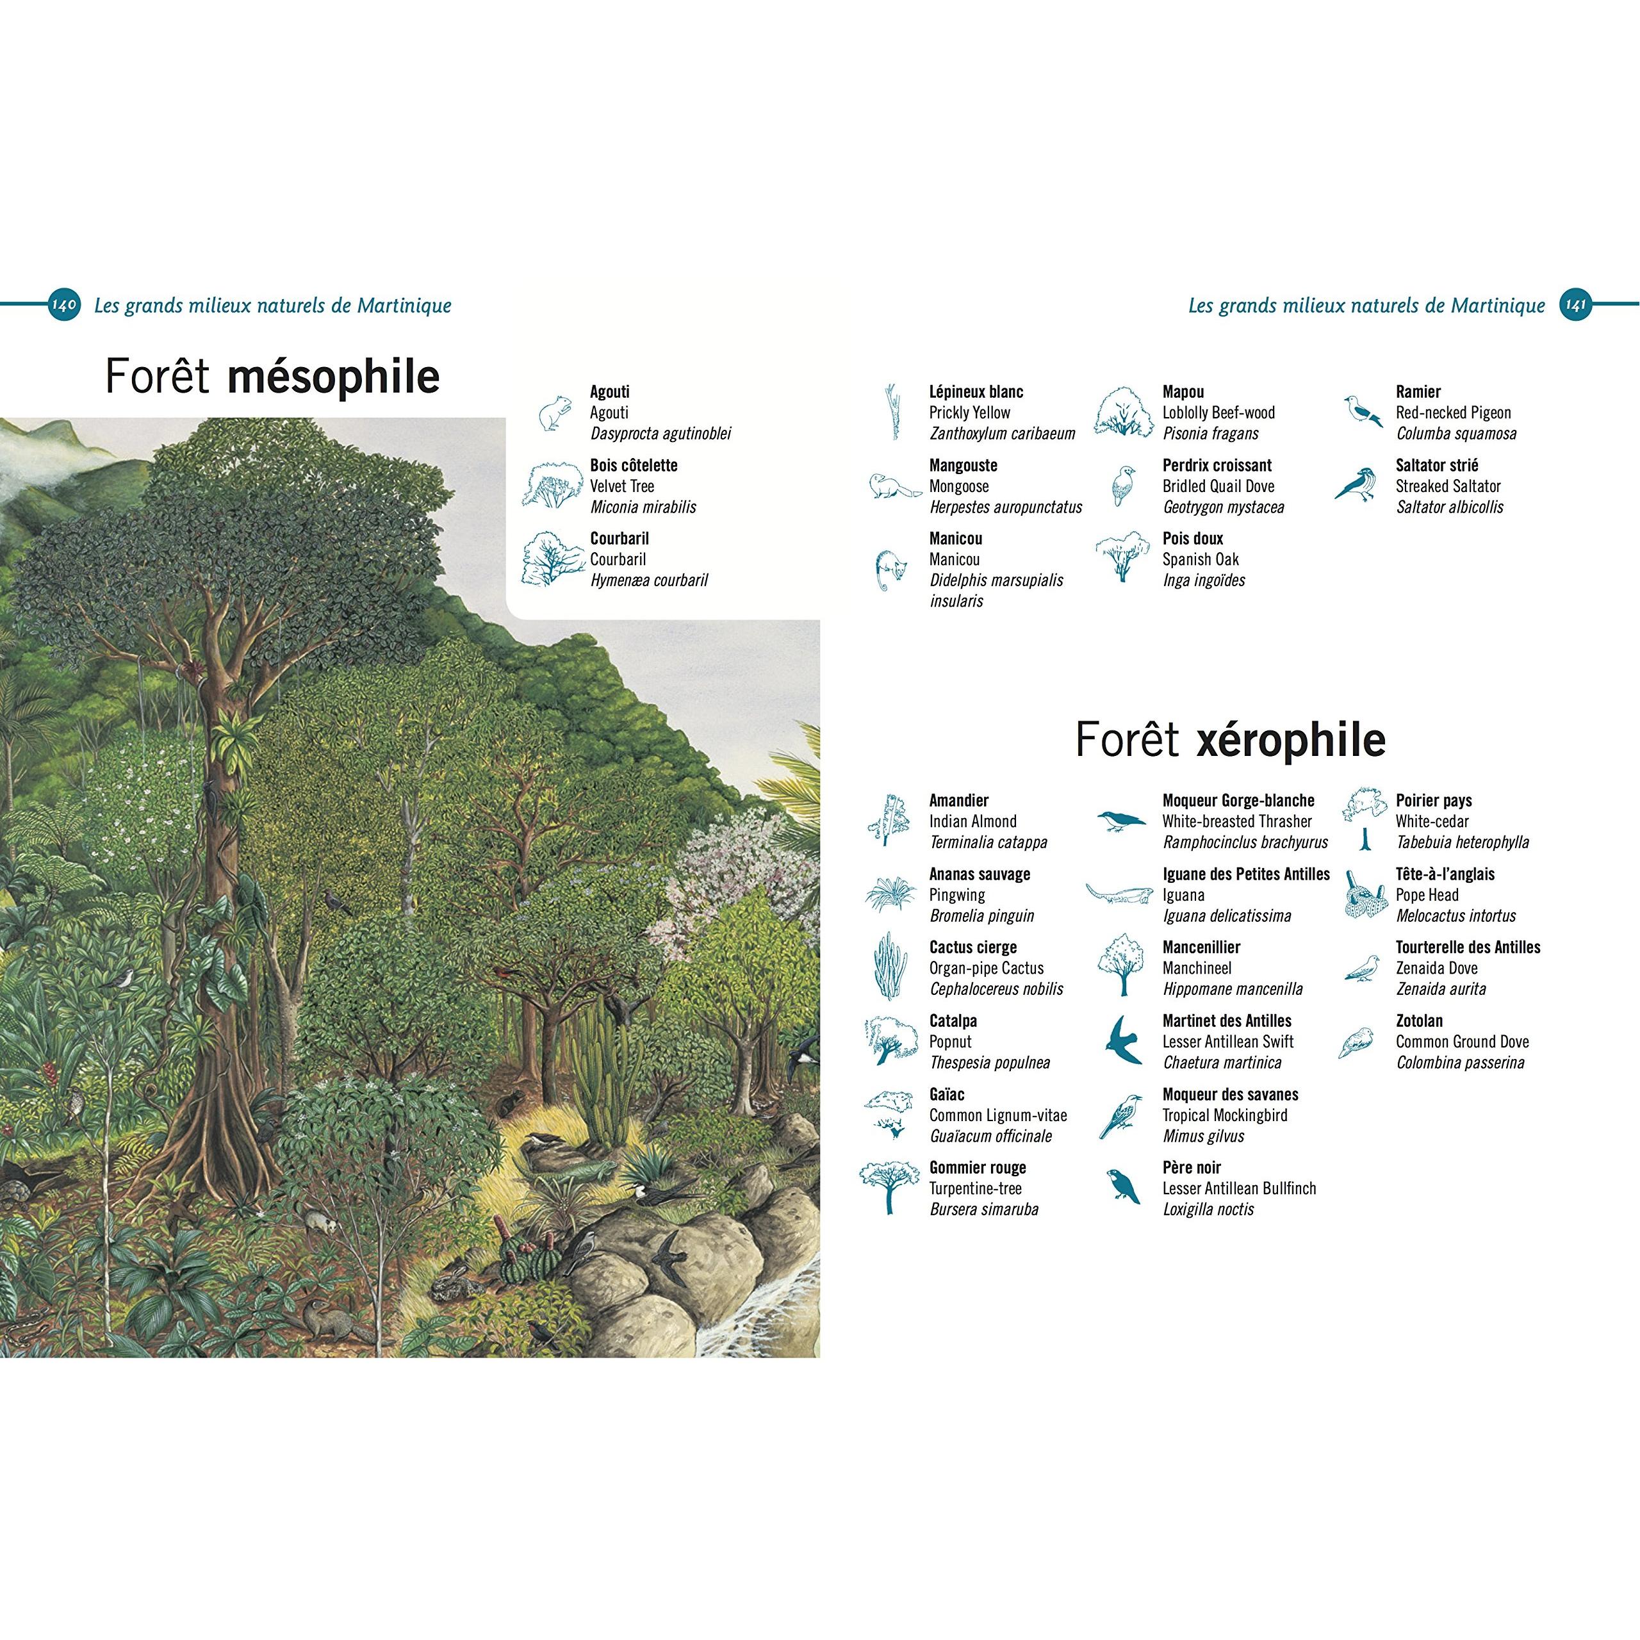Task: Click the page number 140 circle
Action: (x=65, y=305)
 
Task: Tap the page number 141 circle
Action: (x=1575, y=305)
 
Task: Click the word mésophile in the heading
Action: (x=334, y=378)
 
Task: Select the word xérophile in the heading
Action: (x=1291, y=740)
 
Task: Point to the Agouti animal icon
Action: (x=555, y=413)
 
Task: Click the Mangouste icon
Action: (x=894, y=486)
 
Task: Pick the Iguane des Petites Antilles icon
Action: (x=1120, y=894)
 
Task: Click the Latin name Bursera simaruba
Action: (x=984, y=1209)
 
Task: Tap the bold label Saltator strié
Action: (x=1437, y=465)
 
